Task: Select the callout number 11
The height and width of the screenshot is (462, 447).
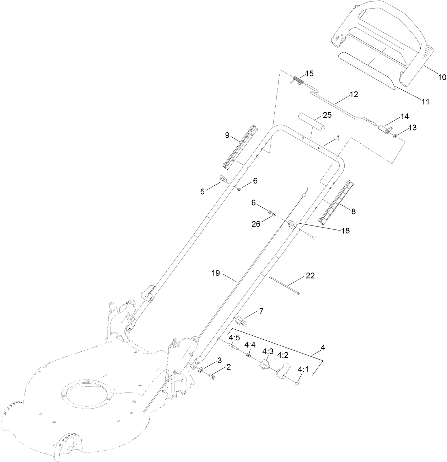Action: (425, 102)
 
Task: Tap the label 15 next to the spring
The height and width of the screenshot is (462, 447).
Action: (309, 74)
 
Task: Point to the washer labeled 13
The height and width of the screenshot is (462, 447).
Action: (395, 136)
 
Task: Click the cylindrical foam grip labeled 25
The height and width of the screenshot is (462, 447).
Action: (312, 122)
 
